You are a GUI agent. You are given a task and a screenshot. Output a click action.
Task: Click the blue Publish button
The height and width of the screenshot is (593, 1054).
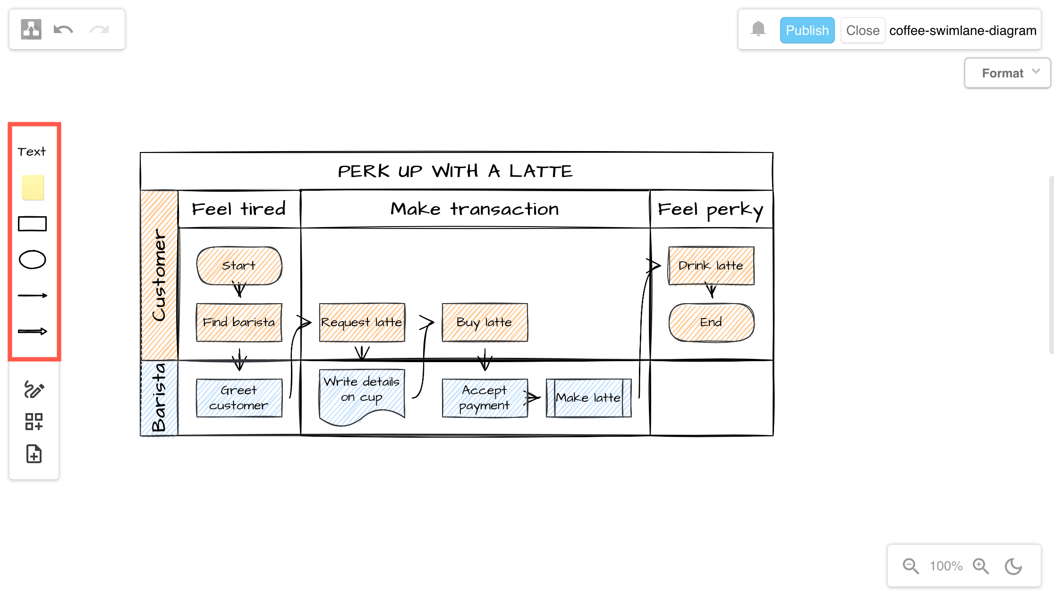tap(807, 30)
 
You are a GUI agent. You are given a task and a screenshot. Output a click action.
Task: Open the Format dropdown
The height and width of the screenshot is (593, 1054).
tap(1007, 73)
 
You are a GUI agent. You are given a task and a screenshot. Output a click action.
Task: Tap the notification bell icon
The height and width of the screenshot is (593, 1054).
tap(758, 29)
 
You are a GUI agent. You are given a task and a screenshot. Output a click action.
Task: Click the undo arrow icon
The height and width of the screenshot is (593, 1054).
tap(63, 30)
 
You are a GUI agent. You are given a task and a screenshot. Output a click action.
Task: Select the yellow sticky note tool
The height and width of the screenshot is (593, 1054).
tap(33, 187)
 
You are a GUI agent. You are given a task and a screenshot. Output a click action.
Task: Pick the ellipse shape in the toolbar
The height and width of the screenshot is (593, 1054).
tap(32, 260)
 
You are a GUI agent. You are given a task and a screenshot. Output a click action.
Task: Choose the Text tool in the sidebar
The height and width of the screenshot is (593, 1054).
tap(32, 152)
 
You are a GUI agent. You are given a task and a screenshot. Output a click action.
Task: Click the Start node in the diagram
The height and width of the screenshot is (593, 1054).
tap(239, 265)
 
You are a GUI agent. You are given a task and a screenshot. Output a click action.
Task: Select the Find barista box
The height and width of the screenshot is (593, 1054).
tap(239, 322)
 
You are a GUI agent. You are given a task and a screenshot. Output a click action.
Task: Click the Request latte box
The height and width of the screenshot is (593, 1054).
tap(362, 322)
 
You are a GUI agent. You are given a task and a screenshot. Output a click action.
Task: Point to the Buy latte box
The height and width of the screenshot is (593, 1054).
tap(484, 322)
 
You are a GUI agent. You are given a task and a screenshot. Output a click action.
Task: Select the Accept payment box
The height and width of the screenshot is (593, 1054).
tap(484, 398)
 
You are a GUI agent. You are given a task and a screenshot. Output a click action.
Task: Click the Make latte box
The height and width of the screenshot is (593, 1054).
tap(588, 398)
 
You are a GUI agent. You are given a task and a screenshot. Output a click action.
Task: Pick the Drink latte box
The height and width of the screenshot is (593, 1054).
tap(711, 265)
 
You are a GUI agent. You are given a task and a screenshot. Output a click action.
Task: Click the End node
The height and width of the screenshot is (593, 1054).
tap(711, 322)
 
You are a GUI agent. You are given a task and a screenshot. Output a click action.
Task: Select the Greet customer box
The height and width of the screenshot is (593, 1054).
tap(239, 398)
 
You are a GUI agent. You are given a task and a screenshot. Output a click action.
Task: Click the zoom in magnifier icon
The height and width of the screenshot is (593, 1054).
tap(980, 566)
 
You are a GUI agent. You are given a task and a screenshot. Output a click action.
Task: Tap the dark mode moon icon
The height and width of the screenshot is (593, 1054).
tap(1013, 566)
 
